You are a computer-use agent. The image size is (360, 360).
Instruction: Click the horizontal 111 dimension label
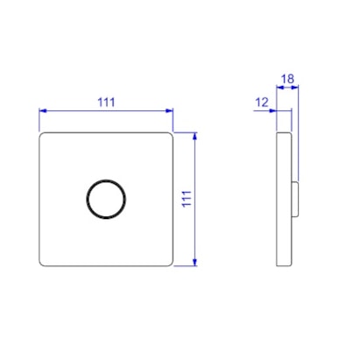(x=106, y=102)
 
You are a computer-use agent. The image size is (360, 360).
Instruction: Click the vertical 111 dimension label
(x=187, y=199)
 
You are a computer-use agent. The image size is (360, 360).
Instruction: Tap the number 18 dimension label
(x=287, y=79)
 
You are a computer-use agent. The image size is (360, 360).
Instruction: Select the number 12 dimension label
(x=262, y=102)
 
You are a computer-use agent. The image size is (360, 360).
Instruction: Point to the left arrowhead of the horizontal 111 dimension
(x=43, y=110)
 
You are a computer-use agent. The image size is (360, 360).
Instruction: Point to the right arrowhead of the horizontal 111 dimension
(x=169, y=110)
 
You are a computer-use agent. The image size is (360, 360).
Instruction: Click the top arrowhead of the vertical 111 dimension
(x=195, y=136)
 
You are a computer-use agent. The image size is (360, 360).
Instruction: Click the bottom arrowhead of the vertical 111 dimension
(x=195, y=262)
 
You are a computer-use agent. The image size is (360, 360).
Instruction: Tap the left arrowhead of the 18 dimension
(x=280, y=87)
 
